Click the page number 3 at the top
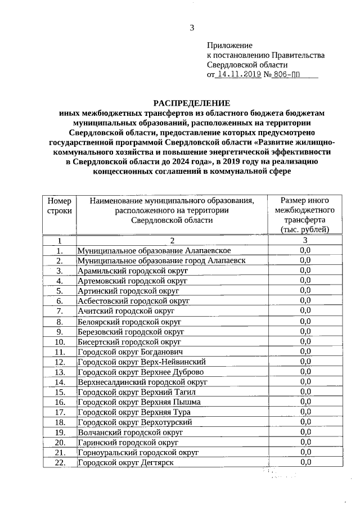[x=192, y=28]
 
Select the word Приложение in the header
[x=229, y=45]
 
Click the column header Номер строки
[x=59, y=205]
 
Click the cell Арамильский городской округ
[x=133, y=271]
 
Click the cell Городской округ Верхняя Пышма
[x=139, y=402]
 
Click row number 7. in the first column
[x=59, y=310]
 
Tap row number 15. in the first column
[x=59, y=392]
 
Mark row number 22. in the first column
[x=59, y=462]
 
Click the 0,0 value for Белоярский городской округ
[x=305, y=321]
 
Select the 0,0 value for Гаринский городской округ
[x=305, y=442]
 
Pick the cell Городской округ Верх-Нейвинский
[x=141, y=362]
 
